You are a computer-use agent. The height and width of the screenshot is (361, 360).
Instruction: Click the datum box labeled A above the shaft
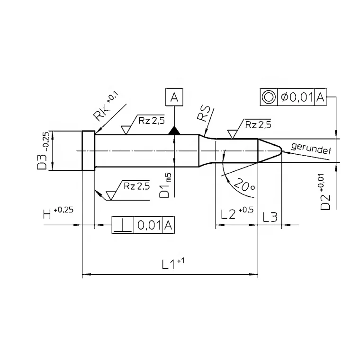pos(175,97)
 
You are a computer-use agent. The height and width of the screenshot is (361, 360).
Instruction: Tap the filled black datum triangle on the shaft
pos(175,131)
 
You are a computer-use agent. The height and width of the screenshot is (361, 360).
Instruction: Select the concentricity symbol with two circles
pos(269,97)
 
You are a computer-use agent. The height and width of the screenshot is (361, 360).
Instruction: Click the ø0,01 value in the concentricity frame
pos(296,97)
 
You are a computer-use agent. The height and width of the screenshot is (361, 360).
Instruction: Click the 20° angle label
pos(244,186)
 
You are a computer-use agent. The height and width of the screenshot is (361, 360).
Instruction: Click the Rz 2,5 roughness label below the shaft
pos(136,186)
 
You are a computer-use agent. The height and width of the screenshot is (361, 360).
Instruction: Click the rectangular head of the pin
pos(89,151)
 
